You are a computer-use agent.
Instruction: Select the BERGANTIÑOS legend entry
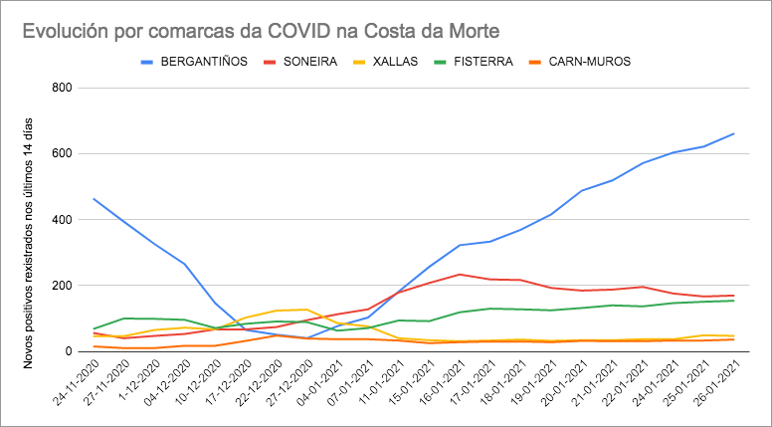coord(203,61)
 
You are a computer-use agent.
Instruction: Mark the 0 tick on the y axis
coord(67,351)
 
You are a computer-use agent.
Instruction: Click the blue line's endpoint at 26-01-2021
coord(733,133)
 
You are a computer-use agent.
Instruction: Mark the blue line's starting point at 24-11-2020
coord(94,199)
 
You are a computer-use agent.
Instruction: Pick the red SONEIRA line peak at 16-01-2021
coord(460,274)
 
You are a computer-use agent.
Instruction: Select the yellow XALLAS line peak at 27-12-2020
coord(307,310)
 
